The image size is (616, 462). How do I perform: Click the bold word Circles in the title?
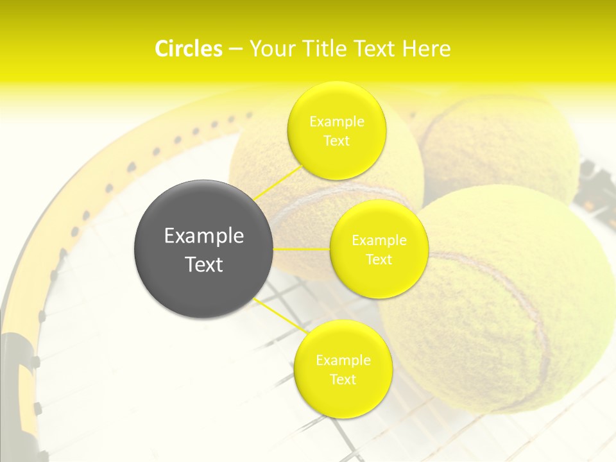click(x=188, y=49)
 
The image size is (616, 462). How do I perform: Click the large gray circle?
click(x=204, y=249)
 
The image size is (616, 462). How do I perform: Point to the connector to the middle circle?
click(x=302, y=248)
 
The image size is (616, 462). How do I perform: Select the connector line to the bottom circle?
click(x=280, y=316)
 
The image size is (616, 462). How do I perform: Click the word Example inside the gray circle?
click(x=204, y=235)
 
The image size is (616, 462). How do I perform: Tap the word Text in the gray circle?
click(x=204, y=264)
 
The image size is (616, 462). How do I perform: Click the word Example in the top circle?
click(x=336, y=121)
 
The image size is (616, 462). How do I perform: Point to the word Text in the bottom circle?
click(x=343, y=379)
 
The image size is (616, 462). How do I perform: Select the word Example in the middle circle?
click(x=379, y=241)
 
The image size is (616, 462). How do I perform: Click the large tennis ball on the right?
click(x=507, y=308)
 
